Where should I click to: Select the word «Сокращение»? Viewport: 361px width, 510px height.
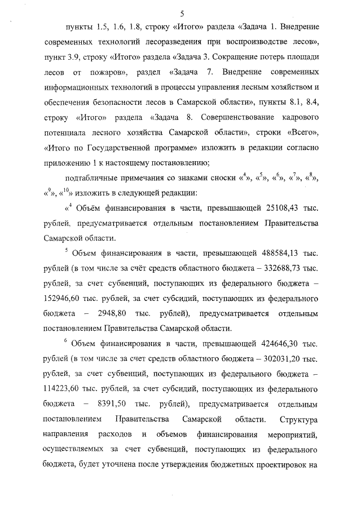[231, 58]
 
